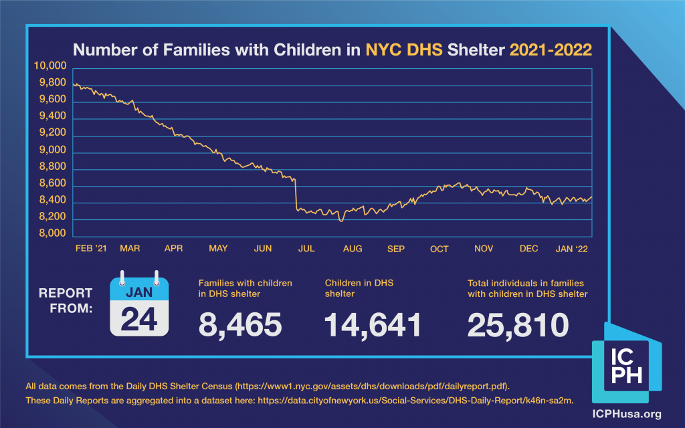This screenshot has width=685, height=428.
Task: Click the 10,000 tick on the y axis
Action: [x=50, y=66]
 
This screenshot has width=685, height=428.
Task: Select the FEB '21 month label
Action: [x=90, y=249]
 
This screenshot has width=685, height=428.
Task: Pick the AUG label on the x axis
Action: [x=353, y=249]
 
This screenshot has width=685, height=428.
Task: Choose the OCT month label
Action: [x=439, y=249]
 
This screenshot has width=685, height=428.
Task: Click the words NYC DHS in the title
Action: [x=404, y=49]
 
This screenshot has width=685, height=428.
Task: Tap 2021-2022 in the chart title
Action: [x=551, y=49]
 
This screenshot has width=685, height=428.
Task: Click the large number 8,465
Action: [x=240, y=324]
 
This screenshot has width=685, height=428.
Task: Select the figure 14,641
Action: [x=373, y=324]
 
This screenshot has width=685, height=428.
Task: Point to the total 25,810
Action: [x=518, y=324]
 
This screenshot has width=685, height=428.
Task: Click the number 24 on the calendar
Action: [x=139, y=319]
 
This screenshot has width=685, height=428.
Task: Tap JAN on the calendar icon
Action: [x=139, y=292]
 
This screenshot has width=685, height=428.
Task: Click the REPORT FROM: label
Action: [x=66, y=301]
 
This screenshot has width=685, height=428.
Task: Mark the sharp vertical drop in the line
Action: [x=296, y=194]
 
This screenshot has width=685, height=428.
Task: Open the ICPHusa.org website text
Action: [x=627, y=413]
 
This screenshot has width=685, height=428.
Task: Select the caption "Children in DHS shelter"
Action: [x=359, y=288]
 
